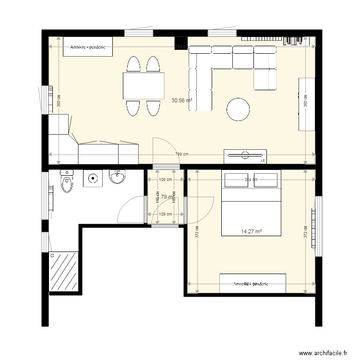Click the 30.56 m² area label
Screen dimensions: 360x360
coord(182,101)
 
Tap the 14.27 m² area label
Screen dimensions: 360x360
coord(251,231)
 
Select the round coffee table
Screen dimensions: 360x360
coord(239,109)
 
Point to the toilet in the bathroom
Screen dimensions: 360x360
coord(67,182)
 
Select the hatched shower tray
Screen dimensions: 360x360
coord(64,270)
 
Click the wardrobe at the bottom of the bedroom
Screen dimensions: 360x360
coord(252,283)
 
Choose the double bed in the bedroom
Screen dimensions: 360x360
coord(251,211)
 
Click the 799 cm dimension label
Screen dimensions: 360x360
coord(182,155)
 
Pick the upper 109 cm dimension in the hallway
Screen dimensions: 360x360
coord(165,180)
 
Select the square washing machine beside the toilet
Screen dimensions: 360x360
coord(92,179)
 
